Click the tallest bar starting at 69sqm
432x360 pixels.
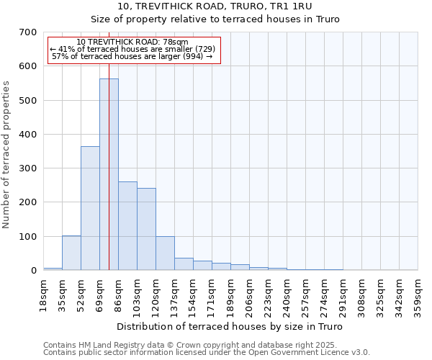(x=109, y=174)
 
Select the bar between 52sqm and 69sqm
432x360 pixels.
(x=90, y=208)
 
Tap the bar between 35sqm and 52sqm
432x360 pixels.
(x=71, y=253)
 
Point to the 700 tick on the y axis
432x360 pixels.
(x=29, y=32)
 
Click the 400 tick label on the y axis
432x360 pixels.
(x=29, y=135)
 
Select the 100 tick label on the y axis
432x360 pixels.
(x=29, y=237)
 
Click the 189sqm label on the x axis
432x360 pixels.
(x=230, y=294)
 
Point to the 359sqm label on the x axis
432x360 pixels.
(x=418, y=294)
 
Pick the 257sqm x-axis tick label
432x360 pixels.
(x=305, y=294)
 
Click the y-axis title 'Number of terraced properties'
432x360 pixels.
(x=6, y=154)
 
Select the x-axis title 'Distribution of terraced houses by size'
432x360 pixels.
(x=230, y=327)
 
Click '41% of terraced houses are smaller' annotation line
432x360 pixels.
(x=132, y=49)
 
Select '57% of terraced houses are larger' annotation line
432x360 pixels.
(x=132, y=56)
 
